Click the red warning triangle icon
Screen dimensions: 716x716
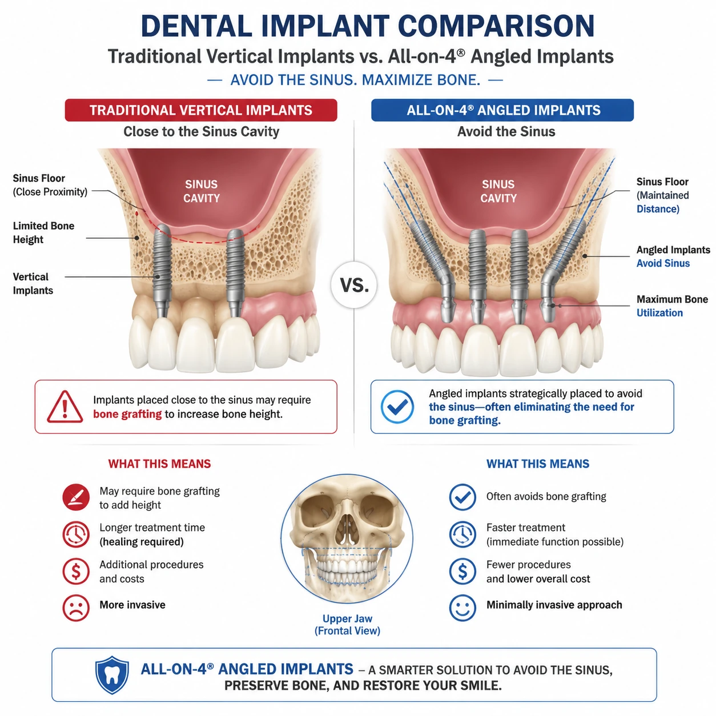coord(65,407)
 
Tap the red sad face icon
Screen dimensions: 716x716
coord(76,608)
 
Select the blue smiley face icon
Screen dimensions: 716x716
coord(462,608)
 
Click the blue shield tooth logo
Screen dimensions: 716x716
coord(112,675)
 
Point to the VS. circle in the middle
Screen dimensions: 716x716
coord(354,285)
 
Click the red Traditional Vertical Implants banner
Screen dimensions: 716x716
coord(201,110)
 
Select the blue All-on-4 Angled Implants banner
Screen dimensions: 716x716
coord(502,110)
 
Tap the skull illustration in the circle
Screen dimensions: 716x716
coord(347,538)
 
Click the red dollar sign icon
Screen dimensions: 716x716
coord(76,571)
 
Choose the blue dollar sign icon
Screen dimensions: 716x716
coord(462,571)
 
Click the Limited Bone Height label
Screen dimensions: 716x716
coord(43,232)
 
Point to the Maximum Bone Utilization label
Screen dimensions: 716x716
coord(672,306)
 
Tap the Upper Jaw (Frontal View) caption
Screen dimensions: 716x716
coord(347,625)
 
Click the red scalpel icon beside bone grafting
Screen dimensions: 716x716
coord(76,497)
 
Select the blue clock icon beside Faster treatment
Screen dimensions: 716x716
coord(462,534)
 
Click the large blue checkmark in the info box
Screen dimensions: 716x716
coord(397,407)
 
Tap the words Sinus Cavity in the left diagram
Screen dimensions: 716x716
coord(202,191)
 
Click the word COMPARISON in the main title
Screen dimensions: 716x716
coord(496,26)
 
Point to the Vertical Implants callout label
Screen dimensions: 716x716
coord(33,284)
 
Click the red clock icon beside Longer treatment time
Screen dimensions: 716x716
coord(76,534)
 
